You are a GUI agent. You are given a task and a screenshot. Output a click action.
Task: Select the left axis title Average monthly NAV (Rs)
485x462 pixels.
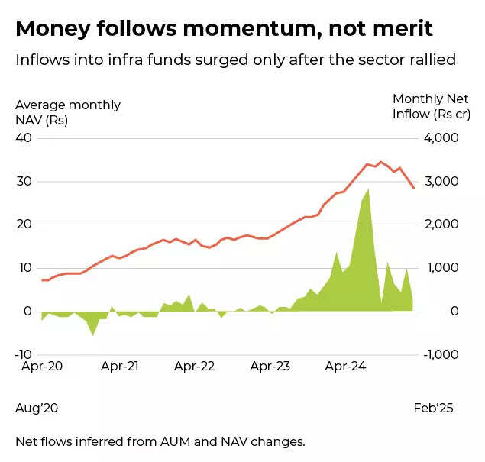[x=67, y=112]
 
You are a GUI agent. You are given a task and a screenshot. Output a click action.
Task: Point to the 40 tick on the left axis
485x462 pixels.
[x=24, y=138]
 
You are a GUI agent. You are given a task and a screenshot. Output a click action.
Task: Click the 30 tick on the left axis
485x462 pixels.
[x=24, y=182]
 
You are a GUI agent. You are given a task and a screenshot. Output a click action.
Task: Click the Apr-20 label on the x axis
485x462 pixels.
[x=42, y=367]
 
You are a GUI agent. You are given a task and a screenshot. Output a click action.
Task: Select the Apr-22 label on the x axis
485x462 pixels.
[x=195, y=367]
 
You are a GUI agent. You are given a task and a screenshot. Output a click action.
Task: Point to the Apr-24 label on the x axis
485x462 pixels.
[x=347, y=367]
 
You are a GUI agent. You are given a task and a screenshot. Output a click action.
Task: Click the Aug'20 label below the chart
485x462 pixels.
[x=37, y=409]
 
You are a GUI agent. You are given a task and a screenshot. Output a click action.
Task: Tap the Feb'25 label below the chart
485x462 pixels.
[x=433, y=409]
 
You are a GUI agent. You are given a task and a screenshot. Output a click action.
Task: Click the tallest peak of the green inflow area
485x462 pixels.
[x=369, y=189]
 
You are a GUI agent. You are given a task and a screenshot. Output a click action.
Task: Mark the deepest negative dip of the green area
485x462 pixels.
[x=93, y=334]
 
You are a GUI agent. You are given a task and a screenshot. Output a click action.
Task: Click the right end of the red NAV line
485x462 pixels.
[x=414, y=188]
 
